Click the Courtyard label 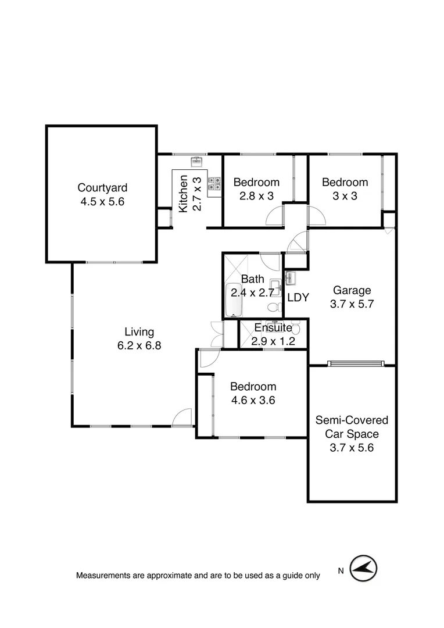(x=102, y=188)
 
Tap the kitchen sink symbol (x=196, y=161)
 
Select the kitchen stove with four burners (x=215, y=184)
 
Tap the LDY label (x=298, y=297)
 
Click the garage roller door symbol (x=356, y=364)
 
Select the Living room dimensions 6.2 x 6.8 (x=139, y=345)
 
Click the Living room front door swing (x=183, y=418)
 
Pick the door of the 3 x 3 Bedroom (x=317, y=216)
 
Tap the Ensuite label (x=273, y=328)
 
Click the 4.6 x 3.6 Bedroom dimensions (x=253, y=400)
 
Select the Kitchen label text (x=183, y=193)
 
